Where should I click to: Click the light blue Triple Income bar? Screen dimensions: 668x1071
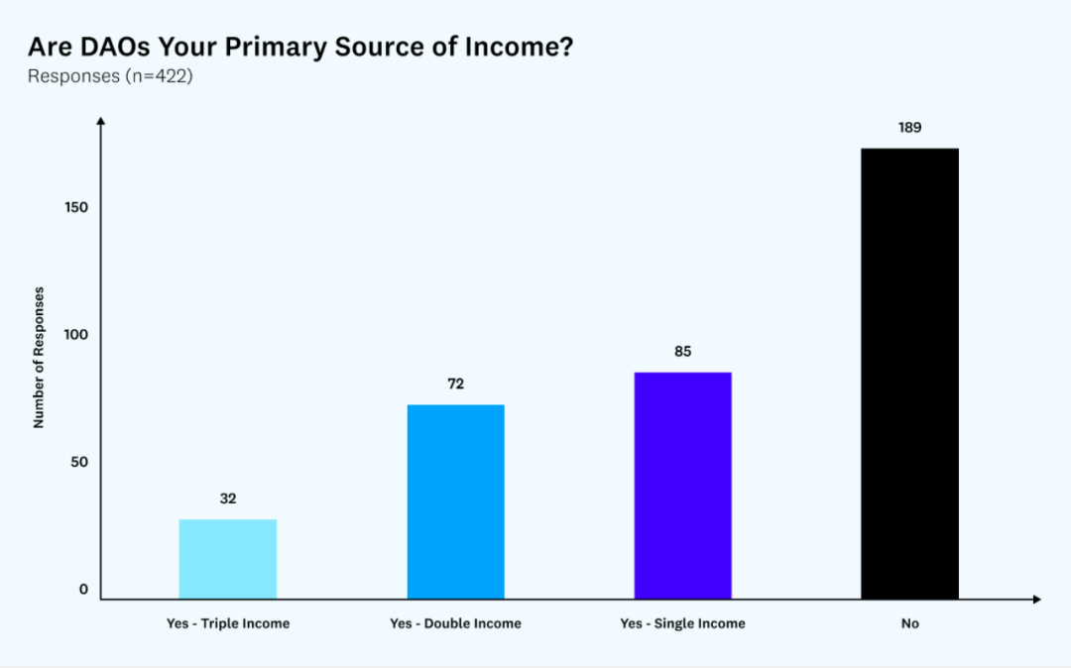(x=227, y=559)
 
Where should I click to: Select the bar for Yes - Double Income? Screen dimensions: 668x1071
(x=455, y=501)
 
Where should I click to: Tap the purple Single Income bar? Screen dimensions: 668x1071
(x=682, y=486)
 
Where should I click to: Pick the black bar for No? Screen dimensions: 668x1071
(x=909, y=374)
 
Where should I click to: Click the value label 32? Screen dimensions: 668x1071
(x=228, y=499)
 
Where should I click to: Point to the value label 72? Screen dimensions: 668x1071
(x=455, y=384)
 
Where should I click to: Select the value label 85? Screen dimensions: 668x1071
(x=682, y=351)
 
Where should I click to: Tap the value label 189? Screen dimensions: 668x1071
(x=909, y=127)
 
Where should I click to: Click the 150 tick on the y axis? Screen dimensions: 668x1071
(x=78, y=207)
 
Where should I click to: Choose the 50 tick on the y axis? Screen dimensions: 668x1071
(x=78, y=462)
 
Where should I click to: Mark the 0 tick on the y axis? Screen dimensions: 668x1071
(x=83, y=590)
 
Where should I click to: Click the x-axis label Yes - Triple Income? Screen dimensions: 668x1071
(x=228, y=623)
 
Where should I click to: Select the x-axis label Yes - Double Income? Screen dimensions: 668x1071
(x=455, y=623)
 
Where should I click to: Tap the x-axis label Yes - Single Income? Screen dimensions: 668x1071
(x=682, y=623)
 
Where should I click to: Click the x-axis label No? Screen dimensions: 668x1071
(x=910, y=623)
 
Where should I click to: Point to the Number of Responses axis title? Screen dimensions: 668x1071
(x=39, y=357)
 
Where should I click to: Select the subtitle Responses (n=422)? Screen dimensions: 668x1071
(x=109, y=76)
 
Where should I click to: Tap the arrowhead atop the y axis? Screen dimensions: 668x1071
(x=101, y=121)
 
